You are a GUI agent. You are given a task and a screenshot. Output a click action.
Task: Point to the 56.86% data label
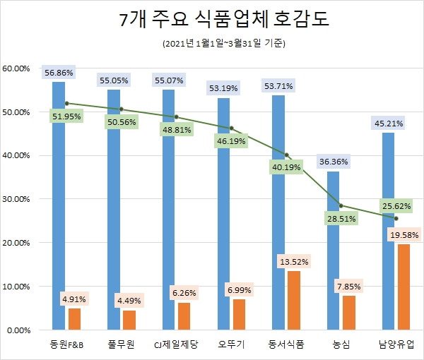coord(58,72)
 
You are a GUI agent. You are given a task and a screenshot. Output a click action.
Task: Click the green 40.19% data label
coord(285,167)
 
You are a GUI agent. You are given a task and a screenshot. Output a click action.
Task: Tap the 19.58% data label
coord(404,234)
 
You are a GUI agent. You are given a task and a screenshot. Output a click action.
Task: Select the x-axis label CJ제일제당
coord(176,344)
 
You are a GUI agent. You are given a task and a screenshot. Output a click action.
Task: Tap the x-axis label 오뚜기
coord(231,344)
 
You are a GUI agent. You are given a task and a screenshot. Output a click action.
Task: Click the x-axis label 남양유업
coord(396,344)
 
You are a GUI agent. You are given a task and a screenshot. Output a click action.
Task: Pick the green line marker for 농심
coord(341,205)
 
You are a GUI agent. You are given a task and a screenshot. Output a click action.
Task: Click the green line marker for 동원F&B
coord(66,103)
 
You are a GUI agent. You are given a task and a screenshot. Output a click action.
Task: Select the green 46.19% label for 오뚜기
coord(230,141)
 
